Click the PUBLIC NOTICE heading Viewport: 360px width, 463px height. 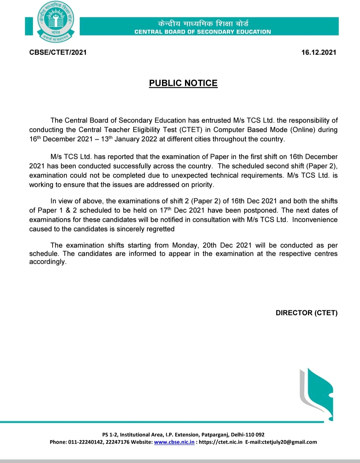[183, 83]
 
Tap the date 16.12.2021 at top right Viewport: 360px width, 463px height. [319, 52]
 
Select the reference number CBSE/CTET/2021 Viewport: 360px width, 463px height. [58, 52]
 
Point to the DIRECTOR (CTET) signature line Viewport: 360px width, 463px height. [306, 313]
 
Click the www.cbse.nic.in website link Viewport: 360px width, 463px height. [174, 442]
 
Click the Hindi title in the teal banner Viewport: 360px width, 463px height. [203, 24]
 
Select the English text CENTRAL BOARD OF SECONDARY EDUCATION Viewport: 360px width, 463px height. [203, 32]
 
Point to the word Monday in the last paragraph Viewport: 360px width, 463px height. [185, 245]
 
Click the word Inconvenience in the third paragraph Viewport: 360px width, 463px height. [315, 220]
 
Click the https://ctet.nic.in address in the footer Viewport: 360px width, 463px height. [221, 442]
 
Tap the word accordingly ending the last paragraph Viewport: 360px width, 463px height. [47, 262]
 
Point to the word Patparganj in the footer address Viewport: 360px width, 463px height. [215, 435]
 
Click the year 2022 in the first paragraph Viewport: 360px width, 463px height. [149, 139]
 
